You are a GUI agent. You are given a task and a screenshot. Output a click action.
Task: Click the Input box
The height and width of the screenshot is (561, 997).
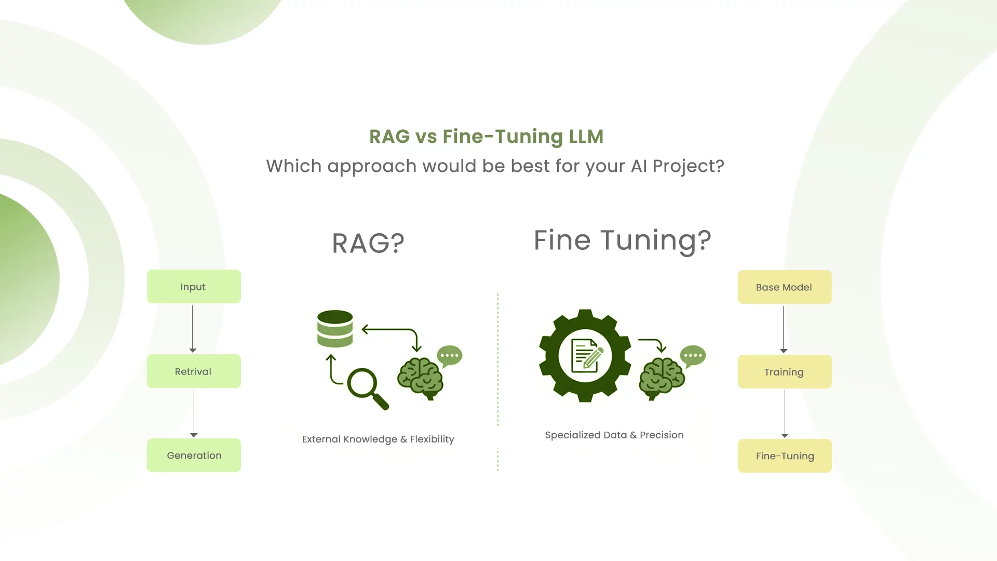194,286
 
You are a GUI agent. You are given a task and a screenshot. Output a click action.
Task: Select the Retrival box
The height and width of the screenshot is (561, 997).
194,371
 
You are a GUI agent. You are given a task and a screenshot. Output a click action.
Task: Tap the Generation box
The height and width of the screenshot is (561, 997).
194,455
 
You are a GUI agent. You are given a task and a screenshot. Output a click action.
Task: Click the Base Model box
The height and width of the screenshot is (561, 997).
784,287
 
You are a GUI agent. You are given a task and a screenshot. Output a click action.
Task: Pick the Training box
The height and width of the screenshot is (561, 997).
784,371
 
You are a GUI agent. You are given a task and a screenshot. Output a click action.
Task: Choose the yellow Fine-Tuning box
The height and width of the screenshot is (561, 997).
784,456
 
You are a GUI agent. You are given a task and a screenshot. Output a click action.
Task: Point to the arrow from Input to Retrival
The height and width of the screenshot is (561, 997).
193,328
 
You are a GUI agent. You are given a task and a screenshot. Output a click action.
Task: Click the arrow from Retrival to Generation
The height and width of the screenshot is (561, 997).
194,413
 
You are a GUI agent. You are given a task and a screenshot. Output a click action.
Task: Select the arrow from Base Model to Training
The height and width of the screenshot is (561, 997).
784,329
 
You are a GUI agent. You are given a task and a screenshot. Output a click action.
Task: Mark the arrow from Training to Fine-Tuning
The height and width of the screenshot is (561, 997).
785,413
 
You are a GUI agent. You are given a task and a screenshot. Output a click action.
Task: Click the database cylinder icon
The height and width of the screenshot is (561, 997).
335,328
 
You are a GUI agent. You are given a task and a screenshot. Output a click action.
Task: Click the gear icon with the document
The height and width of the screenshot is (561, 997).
585,356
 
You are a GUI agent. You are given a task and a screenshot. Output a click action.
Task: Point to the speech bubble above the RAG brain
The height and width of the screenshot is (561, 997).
450,356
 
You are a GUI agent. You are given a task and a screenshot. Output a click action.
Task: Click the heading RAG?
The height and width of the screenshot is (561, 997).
368,243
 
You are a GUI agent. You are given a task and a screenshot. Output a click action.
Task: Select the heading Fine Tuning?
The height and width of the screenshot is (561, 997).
622,240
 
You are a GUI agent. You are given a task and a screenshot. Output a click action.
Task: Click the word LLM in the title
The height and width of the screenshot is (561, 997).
586,136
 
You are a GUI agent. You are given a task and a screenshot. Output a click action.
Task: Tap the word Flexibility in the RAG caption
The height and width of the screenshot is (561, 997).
432,439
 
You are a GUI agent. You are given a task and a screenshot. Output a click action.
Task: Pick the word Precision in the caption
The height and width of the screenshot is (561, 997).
662,435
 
